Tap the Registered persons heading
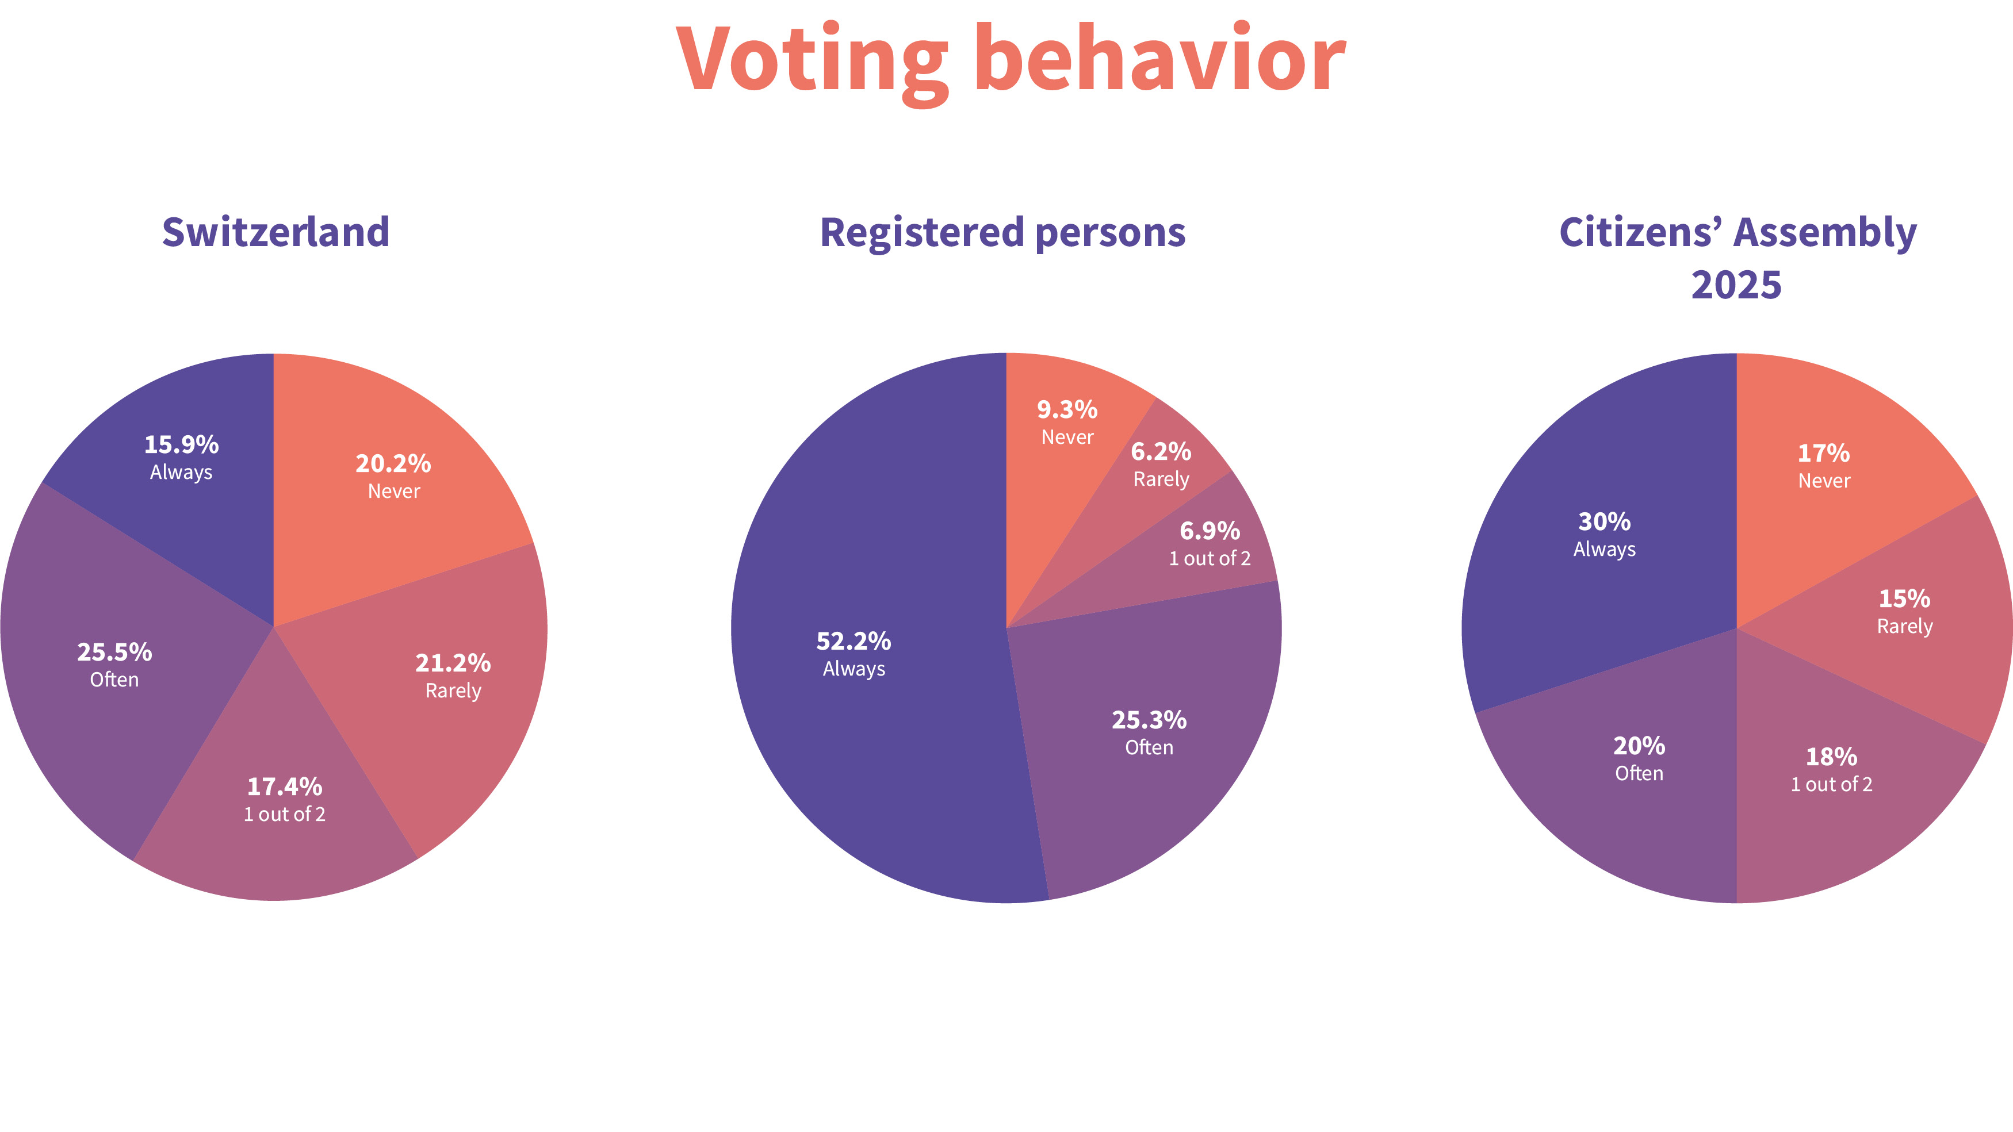[1002, 232]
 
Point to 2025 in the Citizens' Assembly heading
[1736, 285]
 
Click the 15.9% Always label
[181, 457]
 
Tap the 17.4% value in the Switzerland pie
[285, 786]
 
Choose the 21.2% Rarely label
[453, 675]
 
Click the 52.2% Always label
[854, 653]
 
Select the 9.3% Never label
[1067, 422]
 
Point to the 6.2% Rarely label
[1161, 464]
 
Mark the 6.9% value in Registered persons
[1210, 531]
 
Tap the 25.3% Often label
[1149, 732]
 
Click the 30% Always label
[1604, 534]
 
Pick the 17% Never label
[1824, 466]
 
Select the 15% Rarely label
[1904, 611]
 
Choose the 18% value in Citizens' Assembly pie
[1831, 756]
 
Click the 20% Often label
[1639, 758]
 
